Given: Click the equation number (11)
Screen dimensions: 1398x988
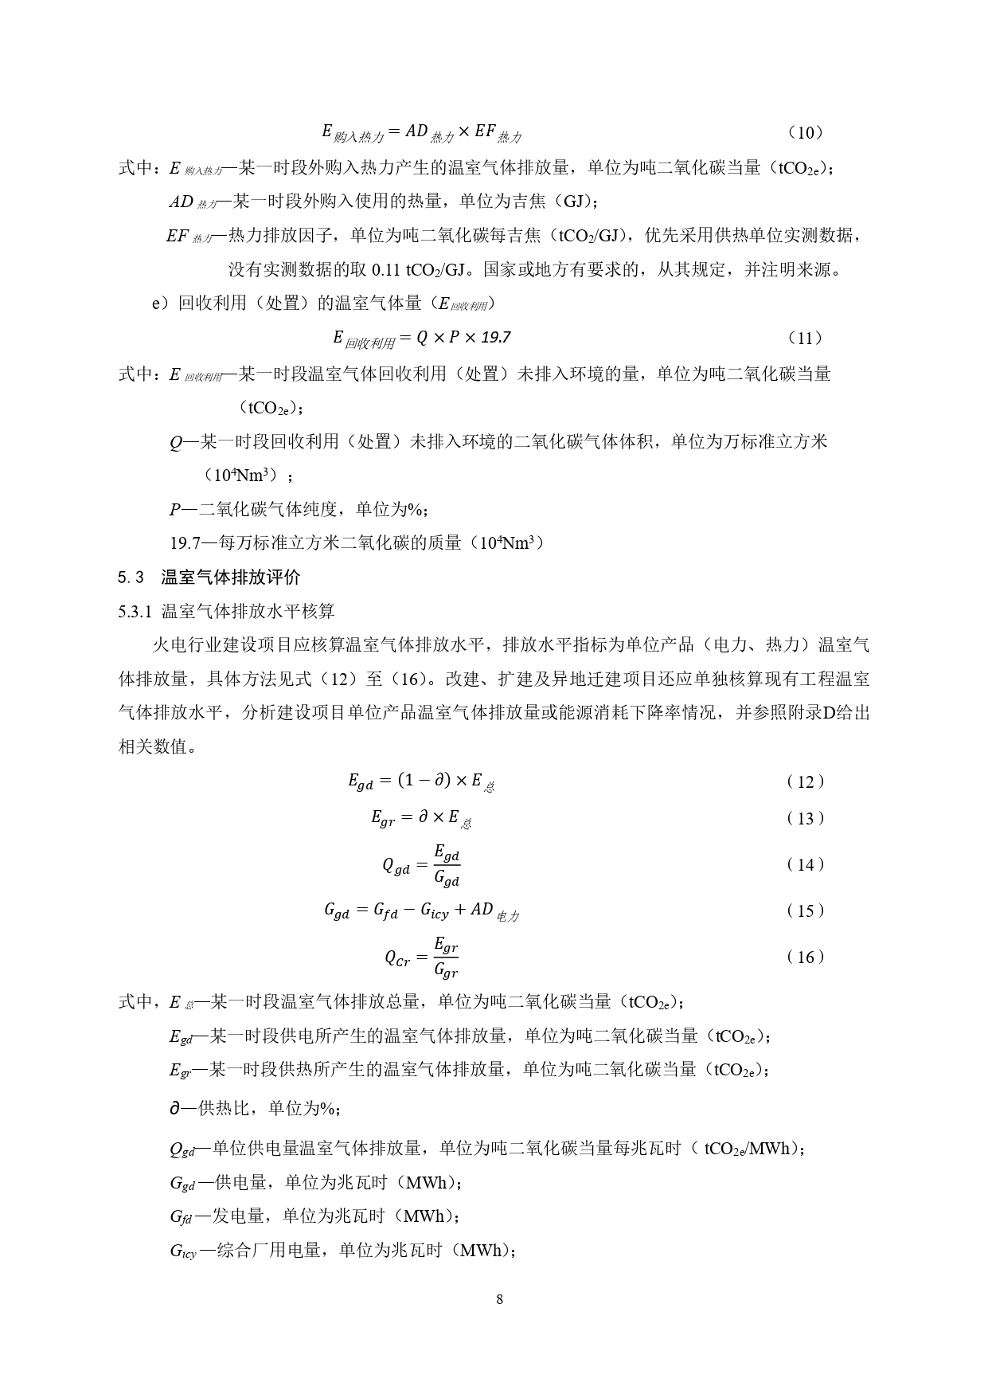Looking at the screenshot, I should [805, 338].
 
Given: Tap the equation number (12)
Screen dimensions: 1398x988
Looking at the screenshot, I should [805, 781].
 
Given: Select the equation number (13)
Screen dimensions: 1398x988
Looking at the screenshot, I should [805, 818].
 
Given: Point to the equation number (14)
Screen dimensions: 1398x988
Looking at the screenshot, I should [805, 864].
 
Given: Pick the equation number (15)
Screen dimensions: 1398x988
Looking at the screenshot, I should [805, 910].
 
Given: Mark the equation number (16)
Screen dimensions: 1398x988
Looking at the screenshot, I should [805, 957].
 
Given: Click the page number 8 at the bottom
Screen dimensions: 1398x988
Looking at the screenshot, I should [499, 1300].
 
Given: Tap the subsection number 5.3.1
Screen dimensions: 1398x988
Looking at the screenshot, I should [135, 611].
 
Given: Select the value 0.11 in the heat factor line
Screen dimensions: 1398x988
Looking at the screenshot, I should [385, 269].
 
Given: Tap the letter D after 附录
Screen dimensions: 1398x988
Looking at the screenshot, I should [826, 713].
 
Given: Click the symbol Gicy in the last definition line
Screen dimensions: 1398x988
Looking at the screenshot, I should [182, 1251].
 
